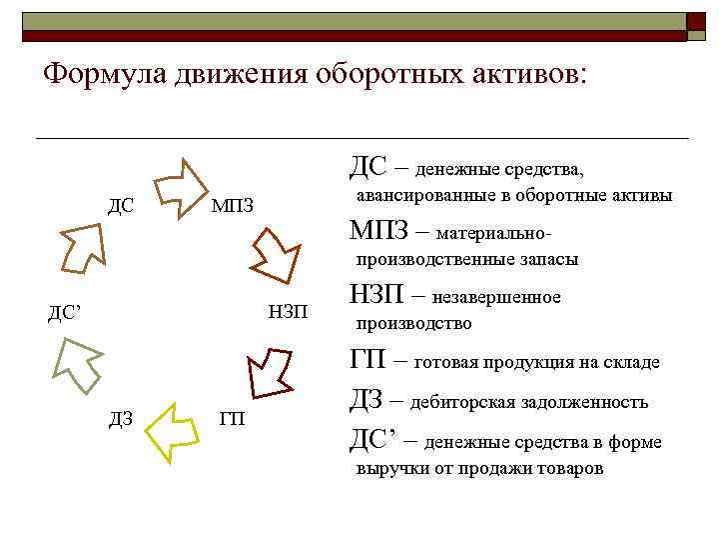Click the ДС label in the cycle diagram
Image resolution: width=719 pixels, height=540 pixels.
tap(121, 206)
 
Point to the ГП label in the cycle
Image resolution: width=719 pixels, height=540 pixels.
tap(232, 418)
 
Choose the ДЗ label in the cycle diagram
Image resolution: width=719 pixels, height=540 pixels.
tap(121, 418)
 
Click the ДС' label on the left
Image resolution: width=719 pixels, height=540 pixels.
tap(65, 312)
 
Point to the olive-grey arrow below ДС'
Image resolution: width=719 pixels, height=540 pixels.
tap(76, 365)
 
